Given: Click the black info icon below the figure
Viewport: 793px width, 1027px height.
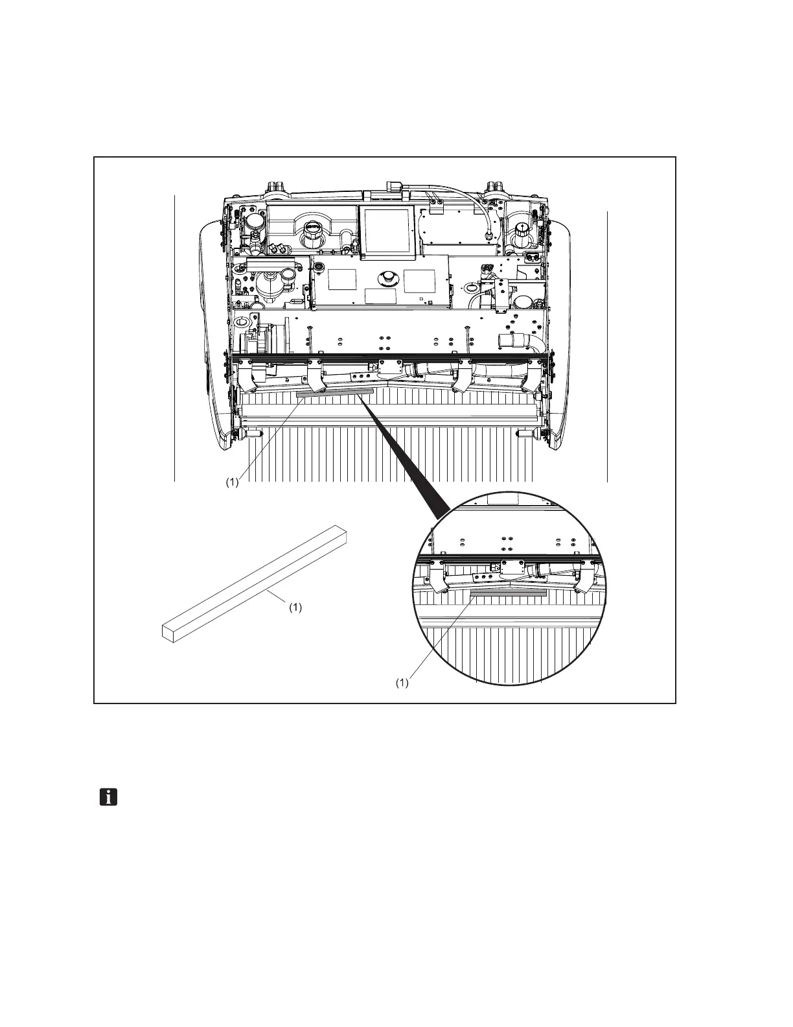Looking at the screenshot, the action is coord(108,797).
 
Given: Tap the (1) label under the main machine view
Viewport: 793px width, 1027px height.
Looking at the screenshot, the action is coord(232,482).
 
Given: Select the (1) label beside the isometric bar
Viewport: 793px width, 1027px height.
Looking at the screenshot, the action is coord(295,608).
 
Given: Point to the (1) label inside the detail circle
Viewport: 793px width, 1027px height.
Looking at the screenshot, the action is coord(402,683).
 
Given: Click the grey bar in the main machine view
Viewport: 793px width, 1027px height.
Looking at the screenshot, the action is coord(334,393).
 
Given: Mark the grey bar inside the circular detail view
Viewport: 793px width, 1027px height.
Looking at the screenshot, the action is coord(509,593).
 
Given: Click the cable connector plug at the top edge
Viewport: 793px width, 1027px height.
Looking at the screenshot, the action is coord(393,187).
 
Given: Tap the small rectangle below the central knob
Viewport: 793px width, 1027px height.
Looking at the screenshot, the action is coord(380,296).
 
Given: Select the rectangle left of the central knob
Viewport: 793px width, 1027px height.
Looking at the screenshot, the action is coord(343,279).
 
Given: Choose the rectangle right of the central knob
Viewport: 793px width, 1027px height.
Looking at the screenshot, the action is coord(419,279).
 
